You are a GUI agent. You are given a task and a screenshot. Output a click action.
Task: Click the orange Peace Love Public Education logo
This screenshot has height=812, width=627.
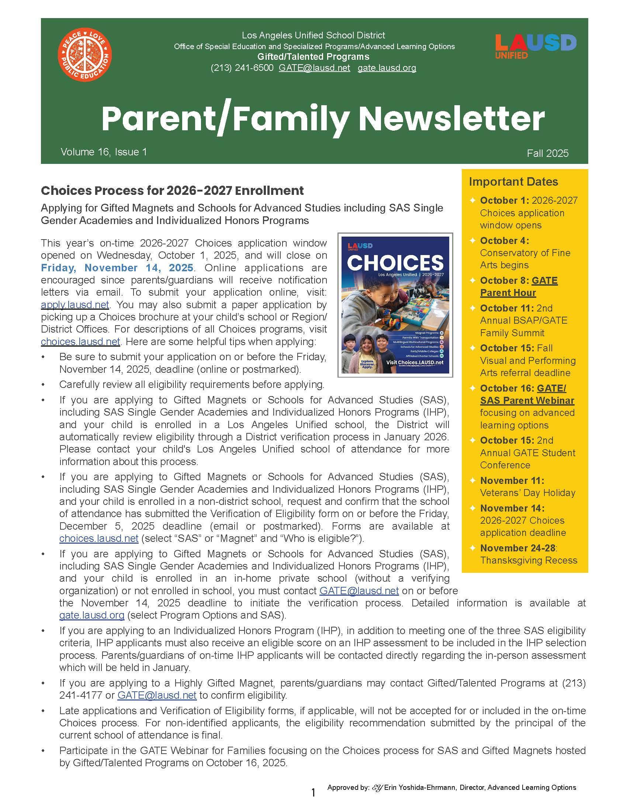tap(85, 54)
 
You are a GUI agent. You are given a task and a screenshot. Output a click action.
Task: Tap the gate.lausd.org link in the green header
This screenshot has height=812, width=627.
tap(387, 68)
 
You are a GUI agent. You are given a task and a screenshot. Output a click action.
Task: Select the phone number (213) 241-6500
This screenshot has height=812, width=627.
tap(242, 68)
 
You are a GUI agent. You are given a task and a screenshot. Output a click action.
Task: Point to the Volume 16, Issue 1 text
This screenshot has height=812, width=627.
tap(104, 152)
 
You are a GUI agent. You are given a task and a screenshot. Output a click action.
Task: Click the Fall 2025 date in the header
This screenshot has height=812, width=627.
tap(547, 153)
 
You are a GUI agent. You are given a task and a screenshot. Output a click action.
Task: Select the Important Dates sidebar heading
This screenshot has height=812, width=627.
tap(513, 182)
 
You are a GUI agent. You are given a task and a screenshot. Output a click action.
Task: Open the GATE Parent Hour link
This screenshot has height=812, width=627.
tap(519, 287)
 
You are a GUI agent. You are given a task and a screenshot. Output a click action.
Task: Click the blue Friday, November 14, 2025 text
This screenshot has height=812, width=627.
tap(117, 268)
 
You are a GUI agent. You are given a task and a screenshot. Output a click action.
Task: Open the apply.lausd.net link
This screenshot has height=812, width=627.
tap(75, 304)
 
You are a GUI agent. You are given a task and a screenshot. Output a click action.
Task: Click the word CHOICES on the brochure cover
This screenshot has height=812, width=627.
tap(395, 262)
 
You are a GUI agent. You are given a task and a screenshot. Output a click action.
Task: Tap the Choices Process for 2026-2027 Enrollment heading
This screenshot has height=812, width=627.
tap(172, 190)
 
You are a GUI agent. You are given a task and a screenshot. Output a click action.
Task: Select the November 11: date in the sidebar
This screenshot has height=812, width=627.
tap(512, 480)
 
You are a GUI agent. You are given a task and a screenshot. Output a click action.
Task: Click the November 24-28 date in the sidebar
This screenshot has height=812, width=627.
tap(517, 548)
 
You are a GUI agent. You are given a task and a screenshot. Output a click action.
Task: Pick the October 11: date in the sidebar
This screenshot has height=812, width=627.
tap(506, 308)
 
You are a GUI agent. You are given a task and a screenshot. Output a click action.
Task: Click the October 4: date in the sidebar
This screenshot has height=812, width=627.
tap(505, 241)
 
